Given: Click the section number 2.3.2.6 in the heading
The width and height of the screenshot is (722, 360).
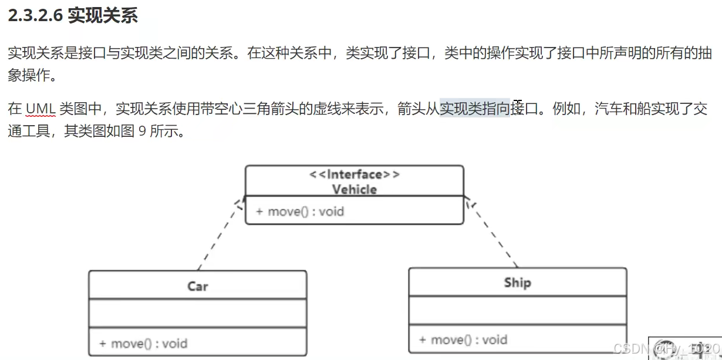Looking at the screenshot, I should coord(35,16).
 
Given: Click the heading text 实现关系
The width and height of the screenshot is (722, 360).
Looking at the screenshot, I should coord(103,16).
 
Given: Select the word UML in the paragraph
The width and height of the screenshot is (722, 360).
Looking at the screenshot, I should coord(40,109).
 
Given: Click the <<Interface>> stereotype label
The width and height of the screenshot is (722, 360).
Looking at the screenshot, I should coord(354,174).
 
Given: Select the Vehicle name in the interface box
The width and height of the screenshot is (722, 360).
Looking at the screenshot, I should coord(354,189).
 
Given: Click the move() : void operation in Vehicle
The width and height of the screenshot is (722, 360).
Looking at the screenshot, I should coord(300,211).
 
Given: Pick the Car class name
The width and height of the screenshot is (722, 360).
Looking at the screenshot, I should coord(197,286).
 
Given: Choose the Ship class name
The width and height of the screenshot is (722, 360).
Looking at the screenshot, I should coord(517,282).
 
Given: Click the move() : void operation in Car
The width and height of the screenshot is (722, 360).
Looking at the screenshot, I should coord(143,343).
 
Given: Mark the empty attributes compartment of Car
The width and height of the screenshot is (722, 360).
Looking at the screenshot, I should coord(197,313).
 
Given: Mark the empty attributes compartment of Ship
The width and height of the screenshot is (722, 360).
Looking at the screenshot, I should coord(517,310).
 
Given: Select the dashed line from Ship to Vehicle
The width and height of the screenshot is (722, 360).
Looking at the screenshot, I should coord(493,235).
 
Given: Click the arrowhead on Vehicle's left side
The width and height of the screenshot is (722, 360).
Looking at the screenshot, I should coord(239,203).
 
